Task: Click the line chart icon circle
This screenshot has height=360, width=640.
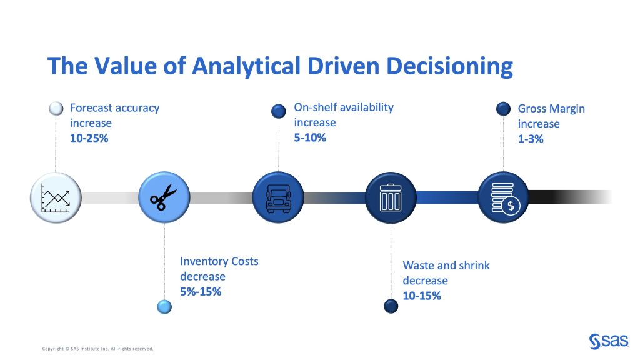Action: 56,198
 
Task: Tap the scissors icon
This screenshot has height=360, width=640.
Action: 163,197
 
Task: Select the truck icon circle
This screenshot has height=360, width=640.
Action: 278,197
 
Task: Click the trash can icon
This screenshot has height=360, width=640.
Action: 391,197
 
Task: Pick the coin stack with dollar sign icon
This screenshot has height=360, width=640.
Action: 505,198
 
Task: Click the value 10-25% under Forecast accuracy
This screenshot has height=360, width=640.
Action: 89,138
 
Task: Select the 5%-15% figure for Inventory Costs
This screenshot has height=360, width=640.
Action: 201,292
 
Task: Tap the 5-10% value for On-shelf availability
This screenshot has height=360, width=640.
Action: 310,137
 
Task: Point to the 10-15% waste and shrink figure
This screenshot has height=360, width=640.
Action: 422,296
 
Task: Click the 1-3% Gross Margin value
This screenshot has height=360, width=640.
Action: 531,139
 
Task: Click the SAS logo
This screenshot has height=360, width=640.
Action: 609,341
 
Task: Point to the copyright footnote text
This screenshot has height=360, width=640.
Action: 97,349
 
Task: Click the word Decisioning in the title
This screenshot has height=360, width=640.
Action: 449,66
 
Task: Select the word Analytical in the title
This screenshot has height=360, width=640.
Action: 246,66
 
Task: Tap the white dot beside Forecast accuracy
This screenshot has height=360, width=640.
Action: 56,109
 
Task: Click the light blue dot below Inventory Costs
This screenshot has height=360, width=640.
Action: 164,307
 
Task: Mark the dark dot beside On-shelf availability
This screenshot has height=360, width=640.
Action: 278,111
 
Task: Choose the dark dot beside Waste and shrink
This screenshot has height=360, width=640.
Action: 391,306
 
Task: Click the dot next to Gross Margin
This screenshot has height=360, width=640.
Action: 503,109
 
